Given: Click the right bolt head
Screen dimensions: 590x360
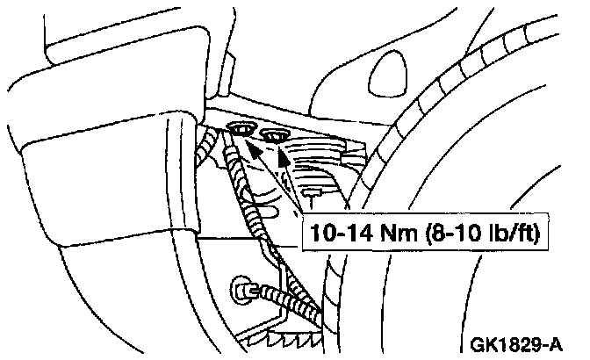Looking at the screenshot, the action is [x=275, y=135].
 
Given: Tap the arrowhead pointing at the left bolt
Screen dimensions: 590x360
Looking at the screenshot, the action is [x=253, y=150].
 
